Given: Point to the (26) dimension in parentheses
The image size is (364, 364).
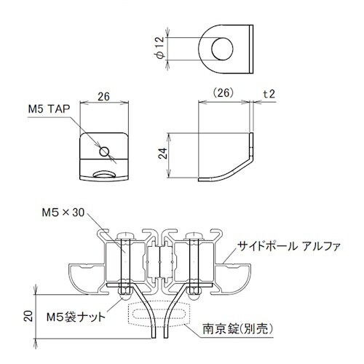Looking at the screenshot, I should coord(225,94).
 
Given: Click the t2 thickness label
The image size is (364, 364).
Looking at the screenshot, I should coord(269,94).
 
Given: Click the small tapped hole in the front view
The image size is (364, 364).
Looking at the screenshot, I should coord(105,151).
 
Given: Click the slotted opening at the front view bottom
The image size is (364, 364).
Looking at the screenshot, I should coord(103,175).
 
